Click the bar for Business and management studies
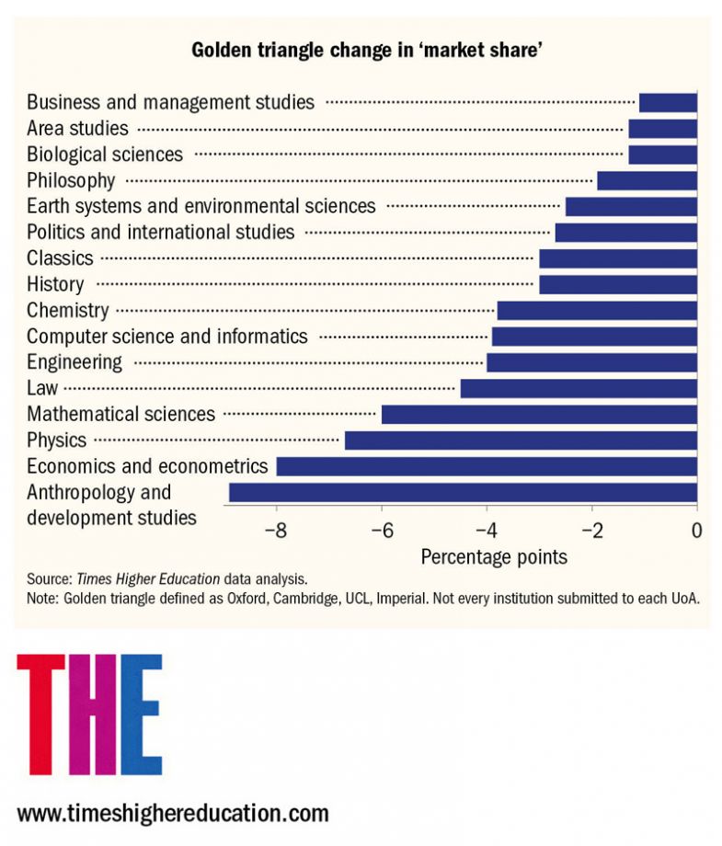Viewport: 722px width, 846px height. click(x=668, y=102)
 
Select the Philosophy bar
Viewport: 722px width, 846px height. click(x=647, y=180)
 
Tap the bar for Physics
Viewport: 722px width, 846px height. click(x=521, y=440)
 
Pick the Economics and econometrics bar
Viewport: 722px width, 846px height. click(x=487, y=466)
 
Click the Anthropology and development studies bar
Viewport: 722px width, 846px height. click(x=463, y=493)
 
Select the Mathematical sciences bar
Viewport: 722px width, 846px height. click(x=539, y=415)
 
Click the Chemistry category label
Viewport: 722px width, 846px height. click(x=67, y=311)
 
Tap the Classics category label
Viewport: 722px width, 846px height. click(x=60, y=258)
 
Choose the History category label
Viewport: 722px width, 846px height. click(x=55, y=284)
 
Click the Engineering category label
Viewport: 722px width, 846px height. click(x=74, y=362)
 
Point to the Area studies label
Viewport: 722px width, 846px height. click(x=77, y=128)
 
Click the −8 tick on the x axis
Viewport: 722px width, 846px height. click(x=276, y=531)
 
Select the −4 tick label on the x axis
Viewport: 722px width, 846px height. click(x=487, y=531)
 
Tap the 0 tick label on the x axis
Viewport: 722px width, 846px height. click(x=697, y=531)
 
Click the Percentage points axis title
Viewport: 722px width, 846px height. click(x=494, y=557)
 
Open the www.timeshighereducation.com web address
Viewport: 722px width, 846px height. click(x=173, y=813)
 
